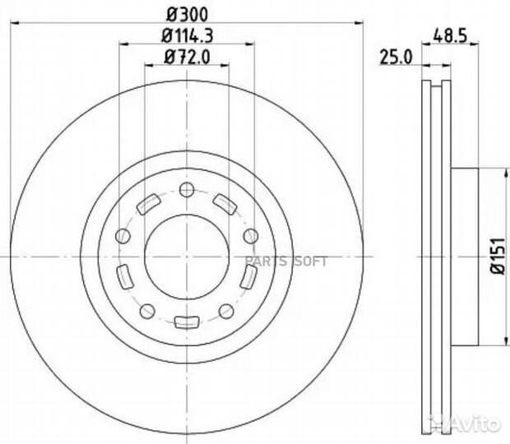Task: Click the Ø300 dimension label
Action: pyautogui.click(x=187, y=12)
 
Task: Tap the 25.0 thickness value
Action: pyautogui.click(x=395, y=57)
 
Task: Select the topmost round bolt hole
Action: pyautogui.click(x=186, y=191)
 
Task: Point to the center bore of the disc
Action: pyautogui.click(x=187, y=256)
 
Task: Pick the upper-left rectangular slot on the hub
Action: pyautogui.click(x=150, y=204)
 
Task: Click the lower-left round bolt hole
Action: pyautogui.click(x=148, y=310)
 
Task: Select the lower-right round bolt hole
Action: pyautogui.click(x=225, y=310)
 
